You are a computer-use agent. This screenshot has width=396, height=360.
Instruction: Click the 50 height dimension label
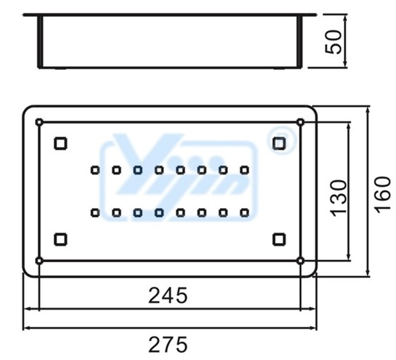[333, 42]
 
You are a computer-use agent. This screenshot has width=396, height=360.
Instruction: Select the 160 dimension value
[382, 195]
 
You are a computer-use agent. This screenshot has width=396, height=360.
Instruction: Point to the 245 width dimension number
[168, 296]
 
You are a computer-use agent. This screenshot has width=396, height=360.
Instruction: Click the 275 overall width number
[168, 345]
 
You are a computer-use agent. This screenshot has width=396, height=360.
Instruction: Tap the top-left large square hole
[61, 143]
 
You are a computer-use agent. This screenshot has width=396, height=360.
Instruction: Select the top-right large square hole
[279, 143]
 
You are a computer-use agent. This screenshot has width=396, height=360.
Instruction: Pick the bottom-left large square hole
[61, 239]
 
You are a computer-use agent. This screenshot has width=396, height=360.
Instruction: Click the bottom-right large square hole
[279, 239]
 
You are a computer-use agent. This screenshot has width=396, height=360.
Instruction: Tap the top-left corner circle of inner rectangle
[39, 122]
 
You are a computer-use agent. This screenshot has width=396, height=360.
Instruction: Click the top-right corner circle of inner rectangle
[301, 122]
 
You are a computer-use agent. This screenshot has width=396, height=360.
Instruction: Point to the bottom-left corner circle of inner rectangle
[39, 261]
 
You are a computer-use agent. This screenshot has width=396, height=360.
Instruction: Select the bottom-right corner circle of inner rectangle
[301, 261]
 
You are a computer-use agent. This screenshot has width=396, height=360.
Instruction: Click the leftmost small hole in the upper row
[95, 171]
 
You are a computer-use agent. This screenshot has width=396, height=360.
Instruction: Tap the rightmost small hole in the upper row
[244, 171]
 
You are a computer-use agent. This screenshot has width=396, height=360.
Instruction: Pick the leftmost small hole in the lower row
[95, 213]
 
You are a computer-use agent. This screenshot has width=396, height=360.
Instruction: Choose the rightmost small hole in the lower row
[244, 213]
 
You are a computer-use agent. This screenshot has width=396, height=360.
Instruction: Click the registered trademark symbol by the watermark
[281, 140]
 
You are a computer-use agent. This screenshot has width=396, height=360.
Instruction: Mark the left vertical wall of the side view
[40, 42]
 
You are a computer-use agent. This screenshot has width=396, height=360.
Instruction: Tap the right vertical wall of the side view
[300, 42]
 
